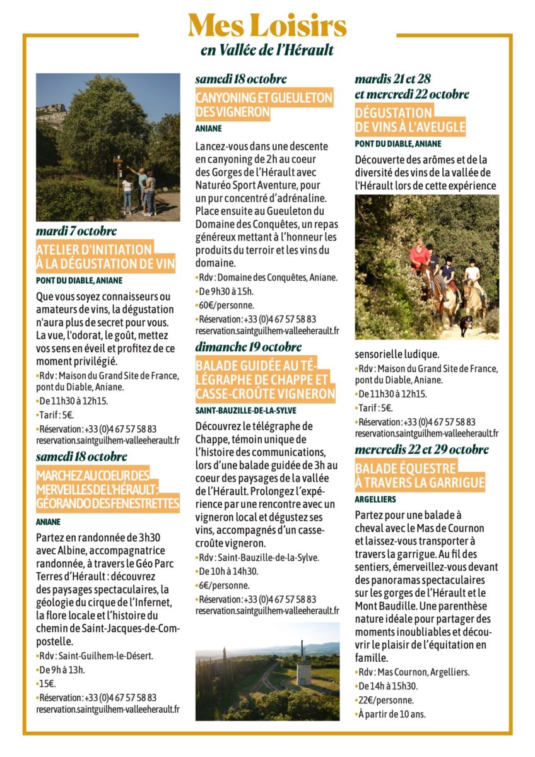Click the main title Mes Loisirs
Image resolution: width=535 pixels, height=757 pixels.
click(x=267, y=26)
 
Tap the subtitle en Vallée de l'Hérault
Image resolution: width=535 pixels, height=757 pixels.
click(x=267, y=50)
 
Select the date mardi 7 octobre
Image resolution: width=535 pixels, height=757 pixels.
click(x=76, y=231)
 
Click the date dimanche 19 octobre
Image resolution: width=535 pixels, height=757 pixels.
click(x=248, y=347)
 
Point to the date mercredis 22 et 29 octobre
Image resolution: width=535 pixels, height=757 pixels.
click(x=421, y=450)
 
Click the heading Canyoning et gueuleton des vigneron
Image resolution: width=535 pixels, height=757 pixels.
click(x=264, y=105)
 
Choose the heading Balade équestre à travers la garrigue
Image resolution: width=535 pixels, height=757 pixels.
click(x=420, y=476)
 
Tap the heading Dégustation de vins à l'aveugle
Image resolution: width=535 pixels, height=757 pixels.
click(x=409, y=120)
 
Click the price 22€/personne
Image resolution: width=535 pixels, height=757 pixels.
click(x=385, y=700)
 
